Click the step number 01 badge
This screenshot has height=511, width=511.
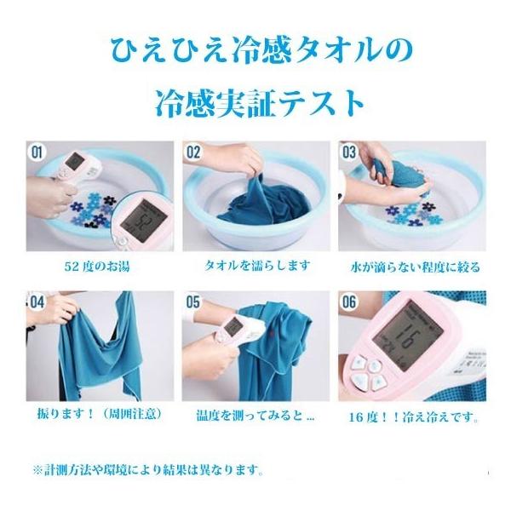click(37, 152)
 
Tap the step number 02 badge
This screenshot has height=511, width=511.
click(193, 152)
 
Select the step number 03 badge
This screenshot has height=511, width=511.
click(348, 152)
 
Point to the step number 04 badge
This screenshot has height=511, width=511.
click(37, 302)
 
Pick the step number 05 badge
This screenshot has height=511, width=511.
click(193, 302)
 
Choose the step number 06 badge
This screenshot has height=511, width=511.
click(348, 302)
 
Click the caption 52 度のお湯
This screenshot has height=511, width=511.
click(97, 267)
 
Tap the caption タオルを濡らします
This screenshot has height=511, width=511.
click(257, 266)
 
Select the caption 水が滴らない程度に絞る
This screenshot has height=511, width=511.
click(416, 267)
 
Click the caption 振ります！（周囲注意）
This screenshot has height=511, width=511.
click(100, 414)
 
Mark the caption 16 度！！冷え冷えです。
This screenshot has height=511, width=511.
click(414, 416)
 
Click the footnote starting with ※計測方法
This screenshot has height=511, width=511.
click(148, 470)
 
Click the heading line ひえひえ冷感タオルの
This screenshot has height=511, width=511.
click(261, 50)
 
